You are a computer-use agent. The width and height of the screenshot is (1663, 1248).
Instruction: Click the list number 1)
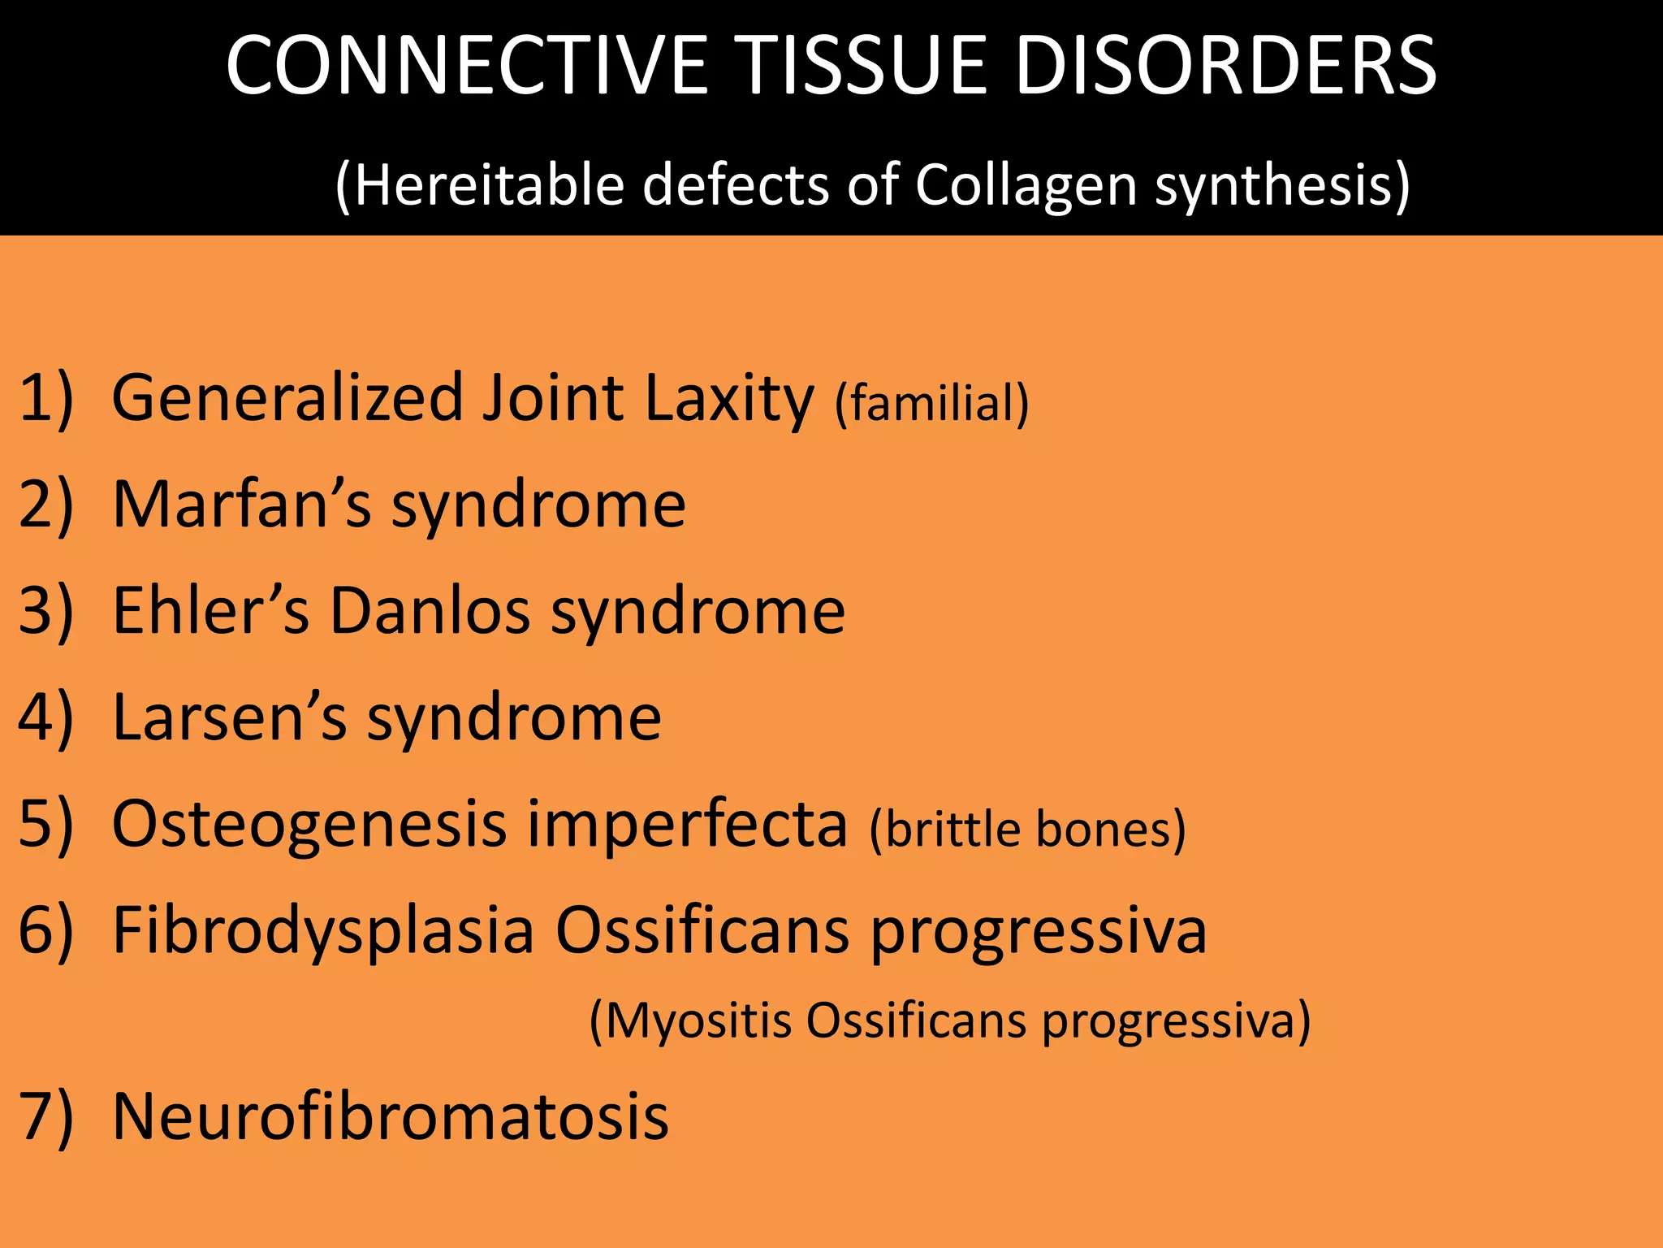point(45,398)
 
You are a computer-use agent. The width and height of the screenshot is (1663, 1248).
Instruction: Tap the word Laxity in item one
point(728,398)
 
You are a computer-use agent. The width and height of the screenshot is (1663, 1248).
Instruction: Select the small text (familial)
point(932,403)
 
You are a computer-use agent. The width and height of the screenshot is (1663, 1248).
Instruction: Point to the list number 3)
point(45,611)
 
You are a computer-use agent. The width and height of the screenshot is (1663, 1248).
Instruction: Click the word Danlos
point(430,611)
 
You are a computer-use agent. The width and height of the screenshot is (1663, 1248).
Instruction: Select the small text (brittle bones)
point(1027,829)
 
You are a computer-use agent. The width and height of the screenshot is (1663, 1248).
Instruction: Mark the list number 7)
point(45,1117)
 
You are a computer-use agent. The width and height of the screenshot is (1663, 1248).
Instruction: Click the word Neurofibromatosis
point(390,1117)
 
